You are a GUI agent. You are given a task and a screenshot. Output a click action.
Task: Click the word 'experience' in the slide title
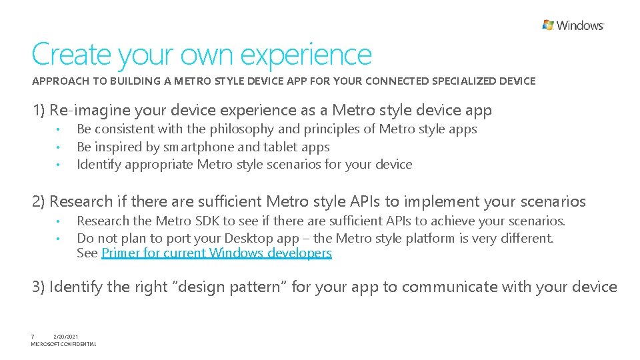[305, 55]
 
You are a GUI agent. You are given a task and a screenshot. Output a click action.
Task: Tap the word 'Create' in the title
[72, 55]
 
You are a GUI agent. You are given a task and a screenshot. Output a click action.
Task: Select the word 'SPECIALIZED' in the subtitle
[464, 81]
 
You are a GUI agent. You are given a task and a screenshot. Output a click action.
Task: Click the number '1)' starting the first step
[39, 110]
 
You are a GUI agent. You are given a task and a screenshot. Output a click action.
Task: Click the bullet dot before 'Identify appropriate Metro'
[59, 165]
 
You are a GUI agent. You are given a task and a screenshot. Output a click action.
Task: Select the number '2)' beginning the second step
[40, 201]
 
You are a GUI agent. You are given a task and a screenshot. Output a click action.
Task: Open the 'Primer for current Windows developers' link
[216, 253]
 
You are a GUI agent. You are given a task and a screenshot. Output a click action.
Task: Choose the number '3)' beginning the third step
[40, 287]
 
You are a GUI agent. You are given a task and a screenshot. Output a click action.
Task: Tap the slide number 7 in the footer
[33, 337]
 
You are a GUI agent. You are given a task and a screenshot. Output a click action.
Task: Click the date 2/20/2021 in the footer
[66, 337]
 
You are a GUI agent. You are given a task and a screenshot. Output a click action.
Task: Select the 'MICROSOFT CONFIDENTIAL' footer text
[63, 344]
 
